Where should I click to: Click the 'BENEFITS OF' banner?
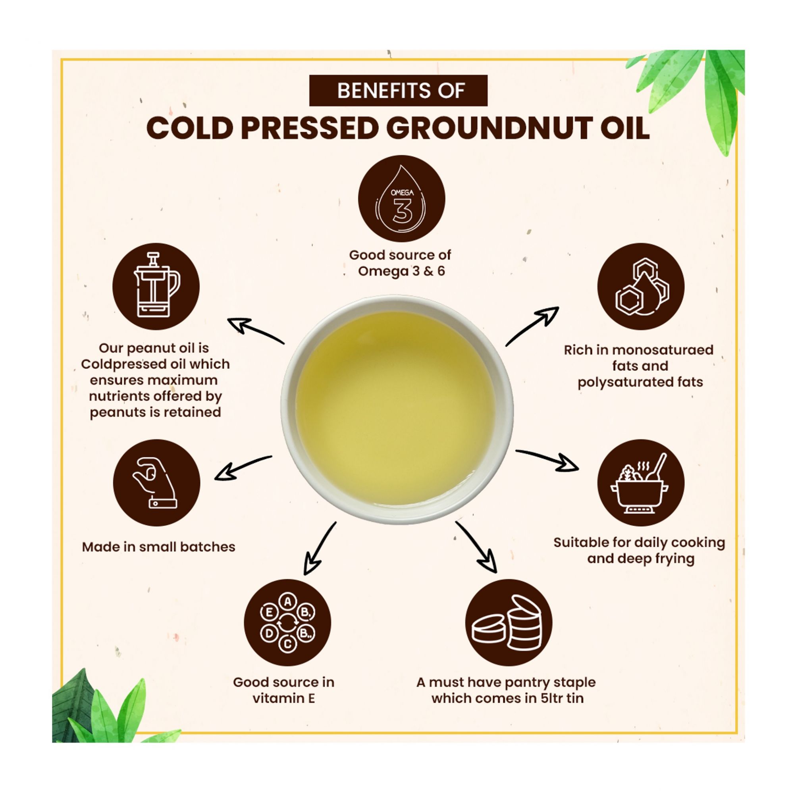click(x=398, y=91)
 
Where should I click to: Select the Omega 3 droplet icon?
click(x=401, y=198)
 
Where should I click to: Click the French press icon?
click(x=156, y=287)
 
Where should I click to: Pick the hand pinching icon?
click(x=156, y=482)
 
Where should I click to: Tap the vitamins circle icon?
click(x=287, y=622)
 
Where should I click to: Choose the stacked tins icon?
click(x=509, y=622)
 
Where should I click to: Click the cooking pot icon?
click(x=640, y=482)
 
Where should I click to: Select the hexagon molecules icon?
click(x=640, y=287)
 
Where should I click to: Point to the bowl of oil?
click(x=397, y=409)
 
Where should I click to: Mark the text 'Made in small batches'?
click(x=159, y=547)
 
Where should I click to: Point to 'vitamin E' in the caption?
click(x=283, y=698)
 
